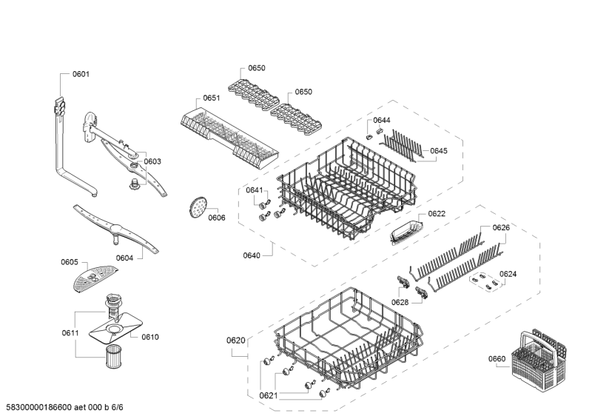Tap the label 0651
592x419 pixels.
pos(212,98)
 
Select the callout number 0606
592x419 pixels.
pos(216,218)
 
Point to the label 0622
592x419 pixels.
pos(437,213)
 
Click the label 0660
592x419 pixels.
pos(497,359)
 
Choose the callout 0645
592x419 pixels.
pos(439,150)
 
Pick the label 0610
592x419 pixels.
pos(150,337)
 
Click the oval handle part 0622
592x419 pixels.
pos(404,232)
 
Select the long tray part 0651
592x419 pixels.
pos(229,133)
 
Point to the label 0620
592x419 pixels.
pos(235,340)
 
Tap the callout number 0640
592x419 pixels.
pos(252,255)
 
